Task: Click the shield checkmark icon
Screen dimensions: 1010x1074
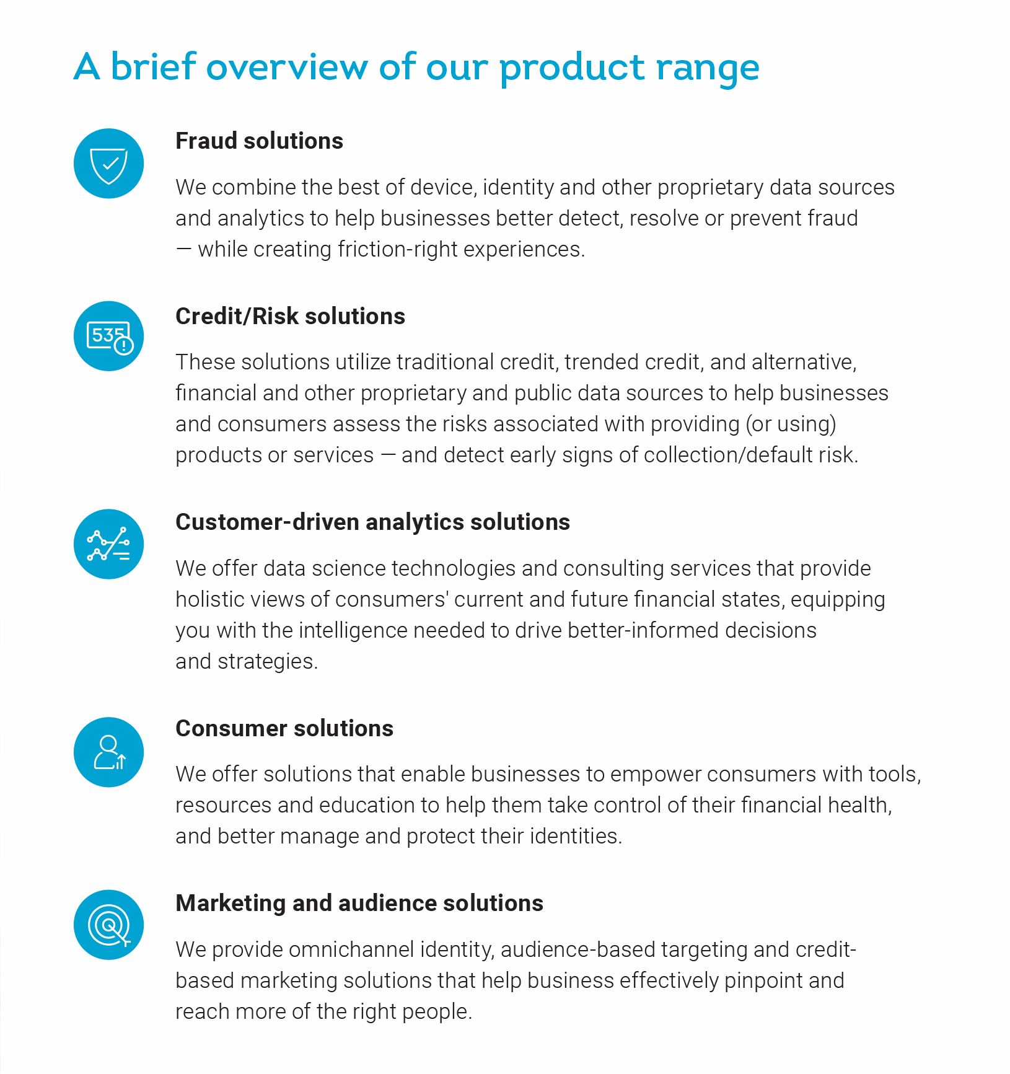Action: coord(108,164)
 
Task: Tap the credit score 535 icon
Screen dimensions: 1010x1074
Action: coord(108,337)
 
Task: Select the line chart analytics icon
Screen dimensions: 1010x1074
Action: coord(108,544)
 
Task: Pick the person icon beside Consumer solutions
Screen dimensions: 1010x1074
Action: coord(108,752)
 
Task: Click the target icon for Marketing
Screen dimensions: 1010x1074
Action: coord(108,925)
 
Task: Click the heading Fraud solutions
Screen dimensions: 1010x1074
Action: coord(259,141)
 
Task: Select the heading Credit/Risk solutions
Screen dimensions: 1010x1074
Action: coord(290,316)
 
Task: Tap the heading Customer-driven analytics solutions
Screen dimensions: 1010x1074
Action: coord(372,522)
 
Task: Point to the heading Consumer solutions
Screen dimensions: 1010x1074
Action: coord(284,728)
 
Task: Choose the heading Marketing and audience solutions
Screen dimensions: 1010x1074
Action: coord(359,904)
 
